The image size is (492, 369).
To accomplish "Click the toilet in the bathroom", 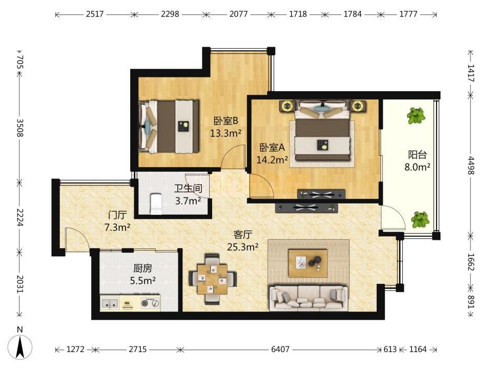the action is click(x=156, y=203).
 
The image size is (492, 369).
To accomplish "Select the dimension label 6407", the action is click(x=280, y=349).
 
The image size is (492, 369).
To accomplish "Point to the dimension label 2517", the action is click(x=95, y=14).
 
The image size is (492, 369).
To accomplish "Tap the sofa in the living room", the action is click(x=309, y=298).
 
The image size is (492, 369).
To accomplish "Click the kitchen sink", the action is click(x=110, y=303).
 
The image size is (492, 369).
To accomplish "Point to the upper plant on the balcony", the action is click(x=416, y=115).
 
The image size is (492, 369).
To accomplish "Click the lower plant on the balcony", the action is click(x=420, y=219).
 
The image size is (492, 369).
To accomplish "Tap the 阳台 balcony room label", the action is click(x=417, y=155).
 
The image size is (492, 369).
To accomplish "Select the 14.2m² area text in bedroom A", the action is click(x=272, y=160).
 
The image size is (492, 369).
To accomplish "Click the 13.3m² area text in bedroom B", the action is click(x=225, y=133).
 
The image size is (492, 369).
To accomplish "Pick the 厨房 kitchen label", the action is click(x=143, y=268).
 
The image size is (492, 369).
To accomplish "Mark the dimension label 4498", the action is click(x=470, y=165).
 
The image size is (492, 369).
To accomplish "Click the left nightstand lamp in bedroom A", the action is click(x=287, y=106).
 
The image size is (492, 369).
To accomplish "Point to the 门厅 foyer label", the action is click(x=117, y=215).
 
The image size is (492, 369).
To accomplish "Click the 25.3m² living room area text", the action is click(x=242, y=247).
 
